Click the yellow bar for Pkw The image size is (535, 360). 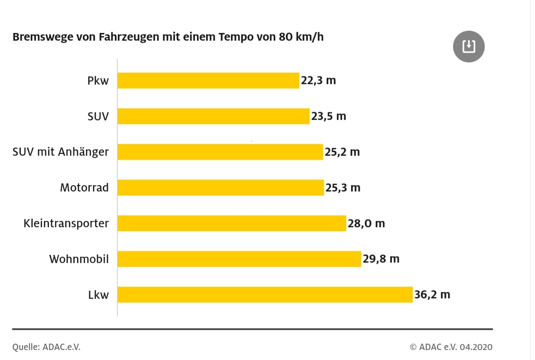point(208,81)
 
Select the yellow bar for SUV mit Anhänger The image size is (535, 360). point(220,152)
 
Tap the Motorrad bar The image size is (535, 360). point(221,187)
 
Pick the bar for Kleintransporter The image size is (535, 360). point(231,223)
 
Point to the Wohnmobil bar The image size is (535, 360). point(239,259)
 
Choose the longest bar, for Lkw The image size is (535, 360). point(265,295)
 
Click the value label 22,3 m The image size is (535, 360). point(318,81)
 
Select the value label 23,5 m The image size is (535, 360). point(328,116)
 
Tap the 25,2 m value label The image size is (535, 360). point(342,152)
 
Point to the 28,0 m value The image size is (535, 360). point(366,223)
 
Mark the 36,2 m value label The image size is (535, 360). point(432,295)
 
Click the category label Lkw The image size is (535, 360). point(98,295)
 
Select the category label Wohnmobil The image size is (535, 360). point(79,259)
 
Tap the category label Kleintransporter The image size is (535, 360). point(66,224)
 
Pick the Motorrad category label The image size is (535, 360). point(84,187)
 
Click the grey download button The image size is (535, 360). point(469,46)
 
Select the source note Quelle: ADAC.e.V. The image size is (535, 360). point(46,347)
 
